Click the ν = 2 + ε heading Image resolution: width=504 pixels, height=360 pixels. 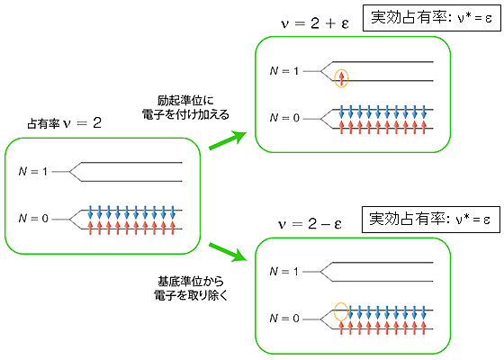coord(315,23)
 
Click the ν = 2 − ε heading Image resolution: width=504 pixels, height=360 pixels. coord(310,224)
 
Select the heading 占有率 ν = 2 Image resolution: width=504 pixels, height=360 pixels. coord(64,123)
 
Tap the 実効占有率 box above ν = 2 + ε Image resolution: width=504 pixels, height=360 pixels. coord(432,18)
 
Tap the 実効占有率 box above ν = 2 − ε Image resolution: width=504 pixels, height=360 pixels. coord(431,220)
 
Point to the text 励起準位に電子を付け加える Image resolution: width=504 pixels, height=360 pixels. coord(185,108)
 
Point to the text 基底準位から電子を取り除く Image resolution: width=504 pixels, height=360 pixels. coord(190,288)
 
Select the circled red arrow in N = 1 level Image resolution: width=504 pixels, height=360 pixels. coord(341,78)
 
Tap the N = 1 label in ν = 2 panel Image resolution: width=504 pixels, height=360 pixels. coord(33,172)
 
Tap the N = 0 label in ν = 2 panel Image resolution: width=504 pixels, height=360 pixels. coord(33,219)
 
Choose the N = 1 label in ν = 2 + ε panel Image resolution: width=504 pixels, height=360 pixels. coord(284,71)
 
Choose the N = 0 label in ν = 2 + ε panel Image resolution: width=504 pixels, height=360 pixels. coord(284,118)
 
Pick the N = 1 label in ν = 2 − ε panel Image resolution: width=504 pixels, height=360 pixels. coord(284,272)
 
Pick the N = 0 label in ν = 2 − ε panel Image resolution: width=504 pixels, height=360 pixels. coord(284,319)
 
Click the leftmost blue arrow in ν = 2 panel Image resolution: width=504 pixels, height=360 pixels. coord(90,212)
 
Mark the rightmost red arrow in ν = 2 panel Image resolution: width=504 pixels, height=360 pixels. coord(173,228)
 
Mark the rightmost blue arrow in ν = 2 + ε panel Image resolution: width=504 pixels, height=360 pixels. coord(424,112)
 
